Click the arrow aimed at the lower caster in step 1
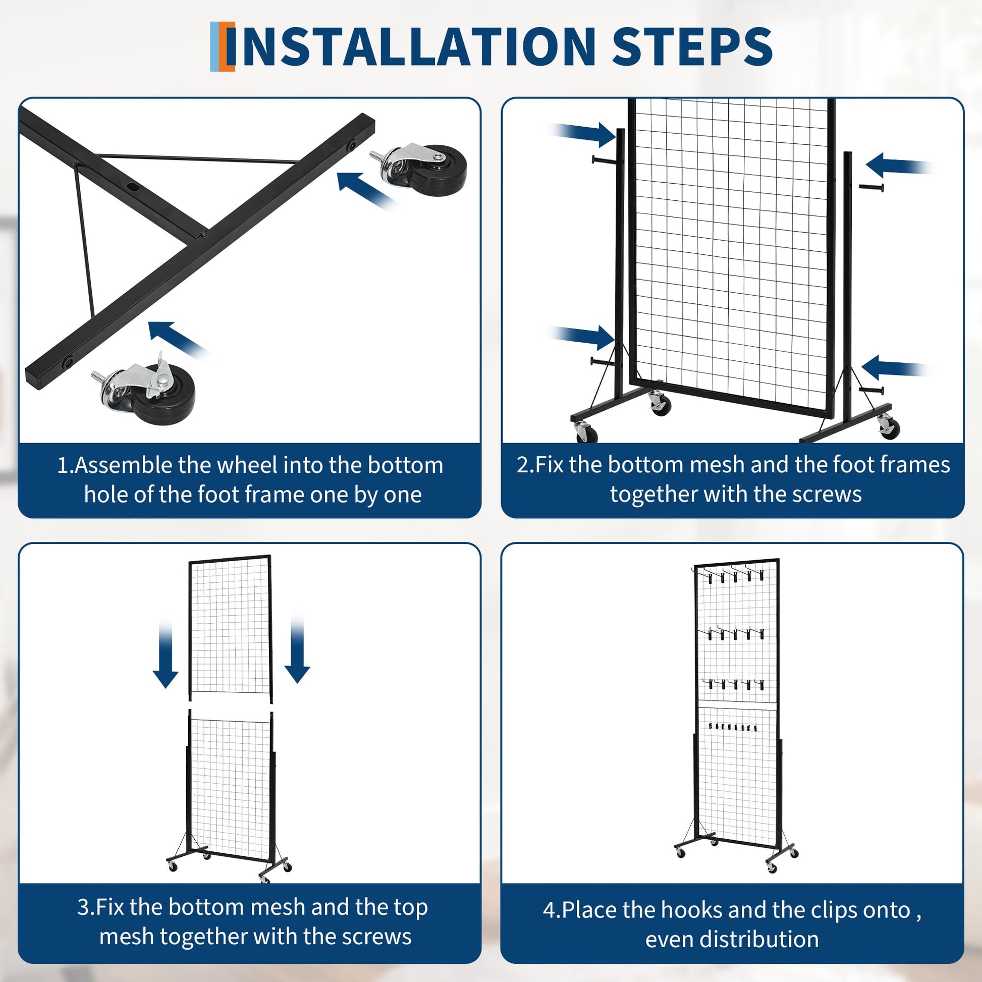click(178, 340)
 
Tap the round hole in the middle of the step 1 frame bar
click(133, 187)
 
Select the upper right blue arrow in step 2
click(899, 165)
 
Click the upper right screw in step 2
click(871, 187)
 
